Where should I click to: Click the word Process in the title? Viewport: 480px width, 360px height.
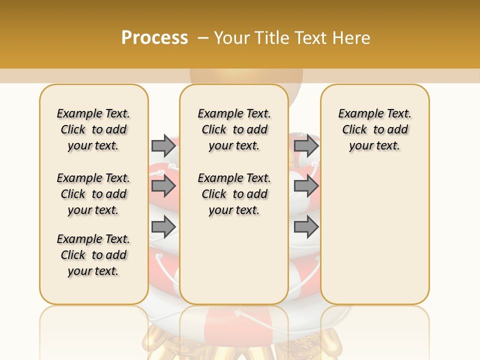tap(154, 38)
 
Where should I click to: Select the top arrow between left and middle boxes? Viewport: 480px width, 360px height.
tap(163, 145)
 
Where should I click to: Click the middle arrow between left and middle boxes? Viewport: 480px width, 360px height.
tap(163, 186)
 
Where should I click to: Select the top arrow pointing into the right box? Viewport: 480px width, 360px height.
tap(306, 145)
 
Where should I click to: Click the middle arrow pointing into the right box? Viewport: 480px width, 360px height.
tap(306, 186)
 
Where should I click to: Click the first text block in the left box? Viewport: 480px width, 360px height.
tap(93, 129)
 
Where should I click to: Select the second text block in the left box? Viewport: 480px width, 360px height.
tap(93, 194)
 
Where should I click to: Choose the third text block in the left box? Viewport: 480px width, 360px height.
tap(93, 255)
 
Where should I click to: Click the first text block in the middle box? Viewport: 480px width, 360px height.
tap(234, 129)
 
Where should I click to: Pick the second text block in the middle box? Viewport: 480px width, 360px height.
tap(234, 194)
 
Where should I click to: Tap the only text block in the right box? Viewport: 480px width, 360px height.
tap(375, 129)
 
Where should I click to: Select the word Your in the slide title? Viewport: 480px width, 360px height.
tap(231, 38)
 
